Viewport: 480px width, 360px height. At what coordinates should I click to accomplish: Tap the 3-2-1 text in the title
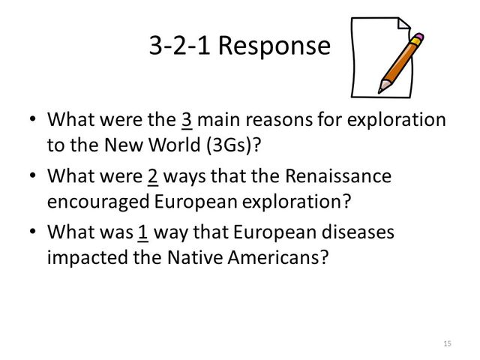(181, 46)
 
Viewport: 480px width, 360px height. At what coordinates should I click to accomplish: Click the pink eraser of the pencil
(418, 37)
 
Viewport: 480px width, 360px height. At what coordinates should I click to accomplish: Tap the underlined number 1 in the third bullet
(142, 233)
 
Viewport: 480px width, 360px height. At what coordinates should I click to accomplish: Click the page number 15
(448, 343)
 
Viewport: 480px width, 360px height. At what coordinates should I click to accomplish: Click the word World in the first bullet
(166, 145)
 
